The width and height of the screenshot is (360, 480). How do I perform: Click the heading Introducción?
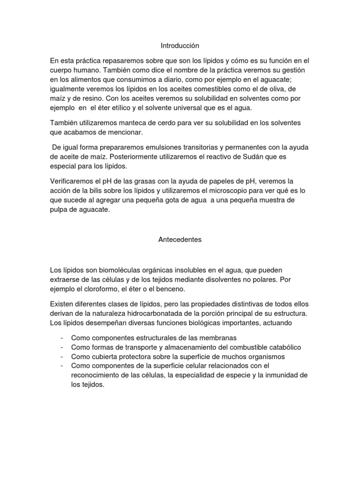[180, 46]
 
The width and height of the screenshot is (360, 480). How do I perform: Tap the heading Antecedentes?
[180, 240]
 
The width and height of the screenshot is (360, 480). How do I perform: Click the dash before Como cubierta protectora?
[62, 356]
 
